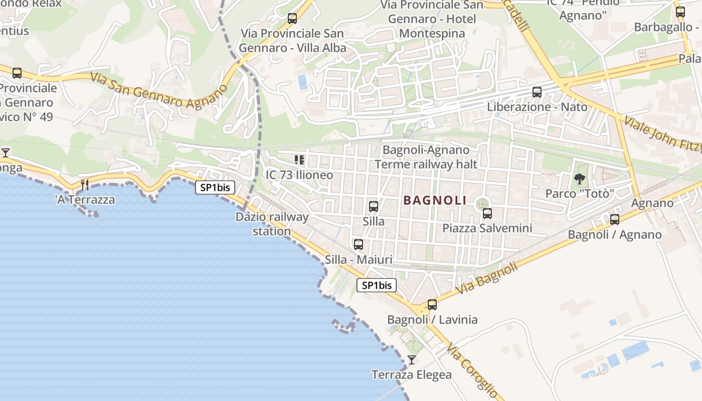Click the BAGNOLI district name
(x=435, y=200)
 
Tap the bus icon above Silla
(x=374, y=206)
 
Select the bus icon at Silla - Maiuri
(x=359, y=245)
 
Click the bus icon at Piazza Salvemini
(x=487, y=214)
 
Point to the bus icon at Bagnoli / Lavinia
(x=432, y=304)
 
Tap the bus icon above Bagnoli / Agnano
(x=615, y=219)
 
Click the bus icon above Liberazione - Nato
(x=537, y=92)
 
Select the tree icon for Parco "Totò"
(x=580, y=178)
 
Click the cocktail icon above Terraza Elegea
(x=412, y=359)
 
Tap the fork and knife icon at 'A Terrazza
(x=85, y=185)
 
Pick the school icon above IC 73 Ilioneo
(x=299, y=160)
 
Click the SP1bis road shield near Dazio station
(x=215, y=187)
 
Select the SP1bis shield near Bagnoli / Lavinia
(x=377, y=285)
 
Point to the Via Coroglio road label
(x=473, y=370)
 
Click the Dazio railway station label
(x=272, y=224)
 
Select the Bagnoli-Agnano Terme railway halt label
(x=426, y=157)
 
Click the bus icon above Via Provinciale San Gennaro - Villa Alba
(x=292, y=19)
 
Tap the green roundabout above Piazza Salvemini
(x=482, y=203)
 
